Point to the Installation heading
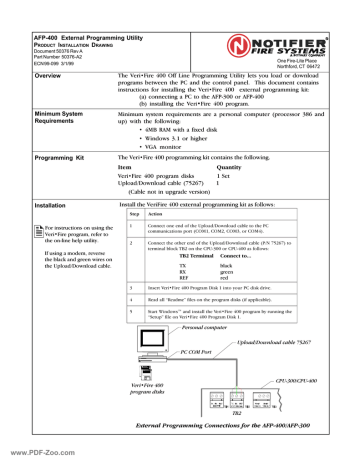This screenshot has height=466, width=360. [x=31, y=205]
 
